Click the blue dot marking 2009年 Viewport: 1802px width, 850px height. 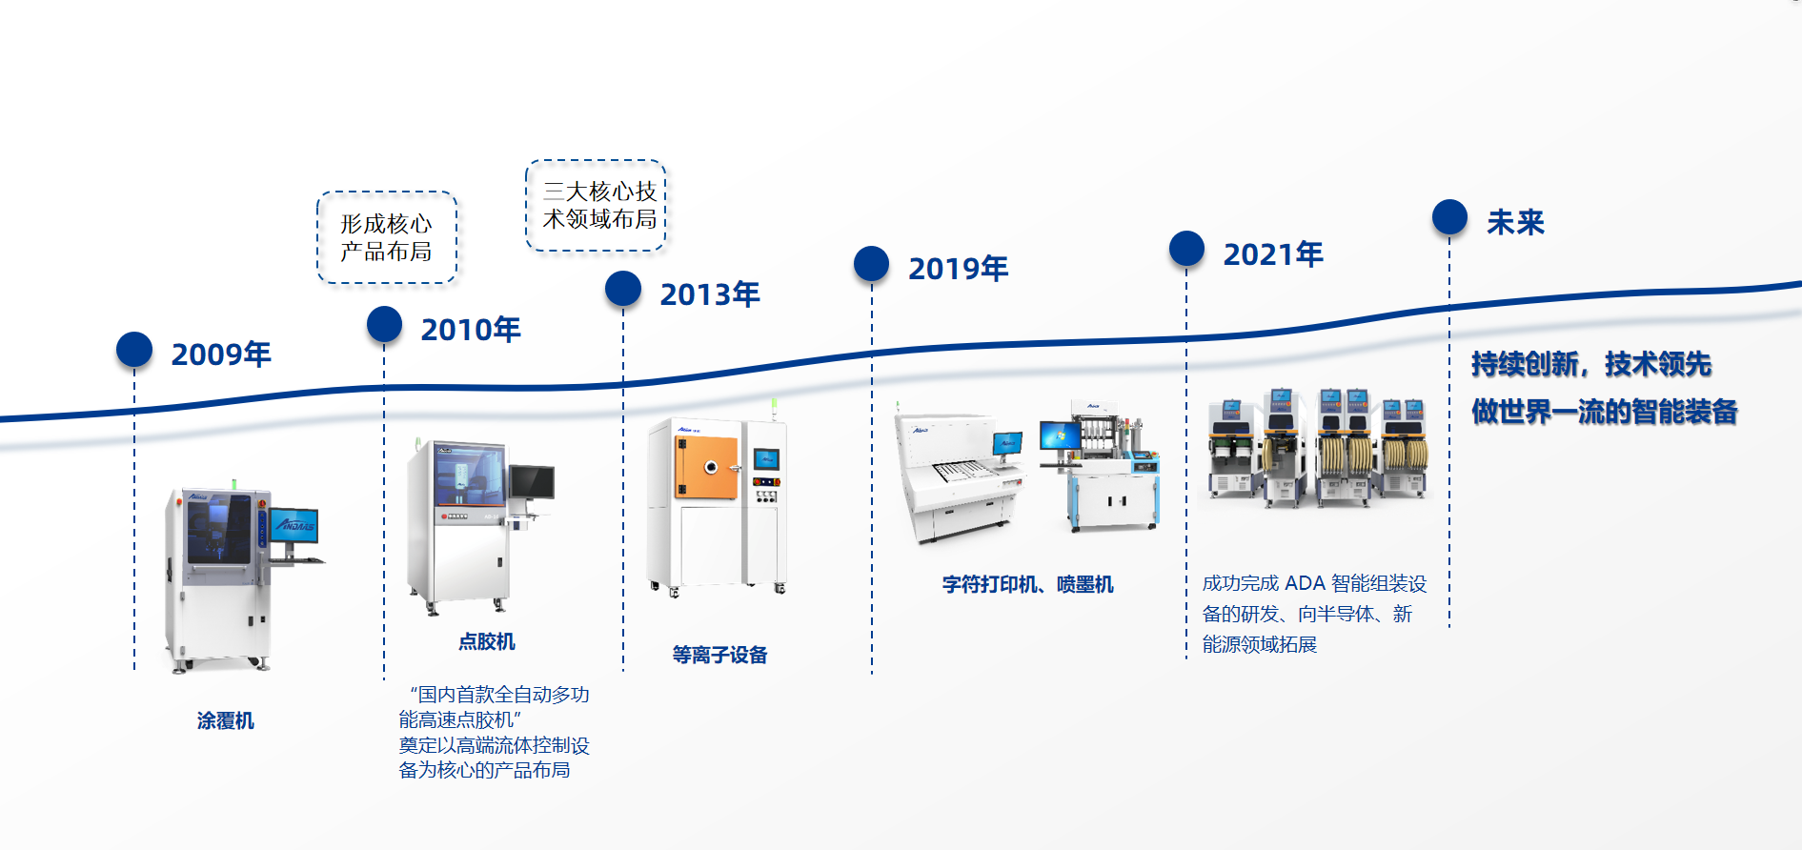134,350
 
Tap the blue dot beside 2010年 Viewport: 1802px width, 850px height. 384,324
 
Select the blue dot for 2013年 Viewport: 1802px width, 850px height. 623,289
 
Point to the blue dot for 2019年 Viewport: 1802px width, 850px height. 871,264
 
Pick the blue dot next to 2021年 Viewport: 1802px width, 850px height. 1186,249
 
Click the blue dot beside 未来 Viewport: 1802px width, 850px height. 1449,217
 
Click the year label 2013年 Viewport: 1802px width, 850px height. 710,294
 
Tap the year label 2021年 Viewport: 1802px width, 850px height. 1273,254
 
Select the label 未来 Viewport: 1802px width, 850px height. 1515,222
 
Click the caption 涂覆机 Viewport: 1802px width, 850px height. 226,720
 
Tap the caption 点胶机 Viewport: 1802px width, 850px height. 487,641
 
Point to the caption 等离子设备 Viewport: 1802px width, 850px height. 719,655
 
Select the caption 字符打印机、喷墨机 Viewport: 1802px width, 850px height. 1027,584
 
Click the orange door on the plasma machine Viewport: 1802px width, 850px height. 707,467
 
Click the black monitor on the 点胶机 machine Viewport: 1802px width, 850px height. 531,482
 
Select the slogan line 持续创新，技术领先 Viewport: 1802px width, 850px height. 1591,364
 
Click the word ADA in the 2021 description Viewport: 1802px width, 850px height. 1305,583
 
